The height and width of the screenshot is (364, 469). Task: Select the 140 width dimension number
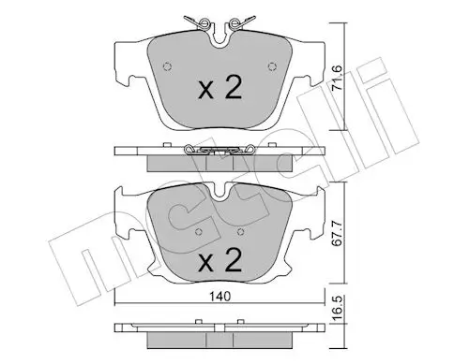click(x=220, y=296)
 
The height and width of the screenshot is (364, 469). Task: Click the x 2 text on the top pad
click(x=220, y=88)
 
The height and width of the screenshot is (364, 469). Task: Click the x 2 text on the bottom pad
click(x=220, y=259)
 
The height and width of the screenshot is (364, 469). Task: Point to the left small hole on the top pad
click(x=168, y=66)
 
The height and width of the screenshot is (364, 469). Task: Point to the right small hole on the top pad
click(x=272, y=66)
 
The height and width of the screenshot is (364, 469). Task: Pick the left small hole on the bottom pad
click(x=199, y=232)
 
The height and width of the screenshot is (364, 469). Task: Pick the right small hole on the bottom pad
click(x=240, y=232)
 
